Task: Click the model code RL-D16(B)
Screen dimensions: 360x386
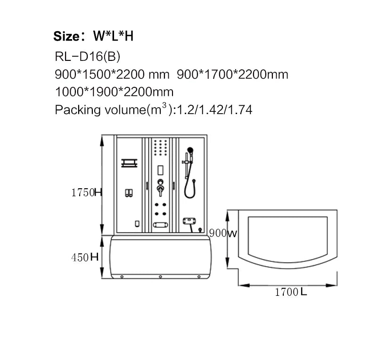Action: click(87, 57)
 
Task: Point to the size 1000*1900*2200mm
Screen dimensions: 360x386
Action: click(114, 92)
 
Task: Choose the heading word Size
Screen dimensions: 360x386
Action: click(68, 36)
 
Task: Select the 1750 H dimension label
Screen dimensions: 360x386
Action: click(86, 193)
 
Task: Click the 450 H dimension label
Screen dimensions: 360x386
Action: click(85, 258)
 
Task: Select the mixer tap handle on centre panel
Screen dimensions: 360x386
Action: click(160, 188)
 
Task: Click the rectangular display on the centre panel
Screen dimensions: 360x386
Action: click(161, 169)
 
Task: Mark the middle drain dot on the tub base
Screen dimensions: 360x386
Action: click(160, 276)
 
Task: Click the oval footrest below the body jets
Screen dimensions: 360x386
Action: click(161, 223)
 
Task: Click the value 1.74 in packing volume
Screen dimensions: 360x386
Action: click(241, 110)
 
